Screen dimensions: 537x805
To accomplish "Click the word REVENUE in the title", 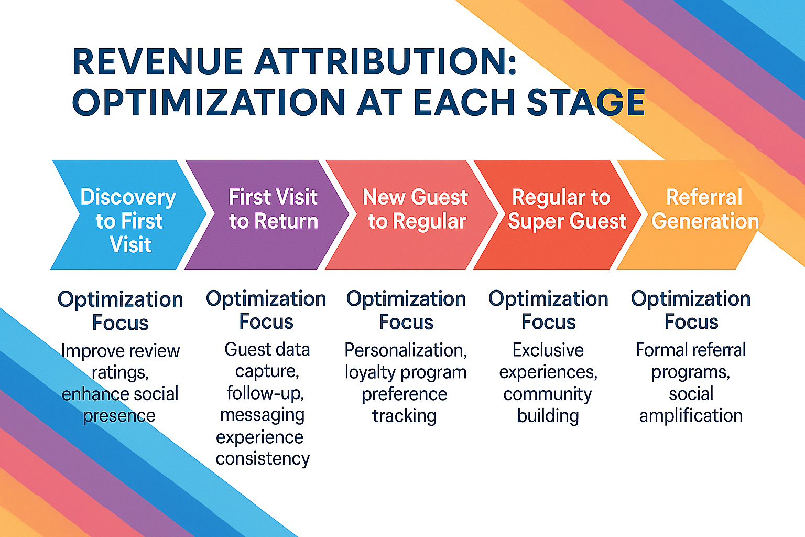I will click(157, 62).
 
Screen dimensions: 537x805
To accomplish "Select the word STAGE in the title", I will click(585, 102).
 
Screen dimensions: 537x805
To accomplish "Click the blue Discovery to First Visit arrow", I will click(128, 220).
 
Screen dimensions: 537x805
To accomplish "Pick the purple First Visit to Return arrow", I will click(273, 210).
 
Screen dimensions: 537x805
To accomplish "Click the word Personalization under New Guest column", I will click(405, 350).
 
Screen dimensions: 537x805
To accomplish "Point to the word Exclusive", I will click(548, 350).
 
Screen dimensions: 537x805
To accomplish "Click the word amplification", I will click(691, 415).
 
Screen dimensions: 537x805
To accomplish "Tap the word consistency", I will click(263, 459).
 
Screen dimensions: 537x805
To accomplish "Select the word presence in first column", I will click(119, 416).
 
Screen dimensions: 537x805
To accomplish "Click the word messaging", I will click(262, 415).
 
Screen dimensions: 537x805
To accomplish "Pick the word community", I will click(547, 394).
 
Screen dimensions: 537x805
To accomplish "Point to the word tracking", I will click(404, 416).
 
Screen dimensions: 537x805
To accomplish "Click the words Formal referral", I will click(691, 350).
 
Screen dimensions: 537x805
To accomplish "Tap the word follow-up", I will click(265, 393).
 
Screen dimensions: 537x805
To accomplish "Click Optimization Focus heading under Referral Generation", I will click(691, 309).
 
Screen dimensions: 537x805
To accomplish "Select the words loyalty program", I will click(405, 372).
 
